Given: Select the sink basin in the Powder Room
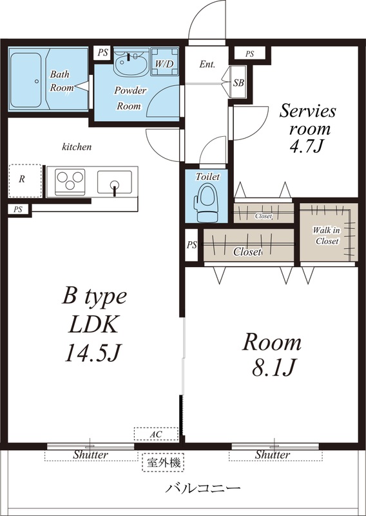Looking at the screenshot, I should coord(131,64).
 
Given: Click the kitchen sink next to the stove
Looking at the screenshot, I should coord(114,180).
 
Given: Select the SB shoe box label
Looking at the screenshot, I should coord(238,83).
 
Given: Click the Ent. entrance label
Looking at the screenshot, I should coord(207,64).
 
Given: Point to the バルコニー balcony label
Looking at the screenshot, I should coord(202,488).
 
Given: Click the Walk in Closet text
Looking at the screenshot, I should coord(327,235).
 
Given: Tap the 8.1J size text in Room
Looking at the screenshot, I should coord(271,368).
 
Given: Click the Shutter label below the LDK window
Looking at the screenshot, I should coord(90,455).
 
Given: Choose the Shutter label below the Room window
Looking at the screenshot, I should coord(272,455).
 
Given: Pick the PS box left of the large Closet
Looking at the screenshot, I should coord(191,245).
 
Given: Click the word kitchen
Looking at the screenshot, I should coord(77,147).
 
